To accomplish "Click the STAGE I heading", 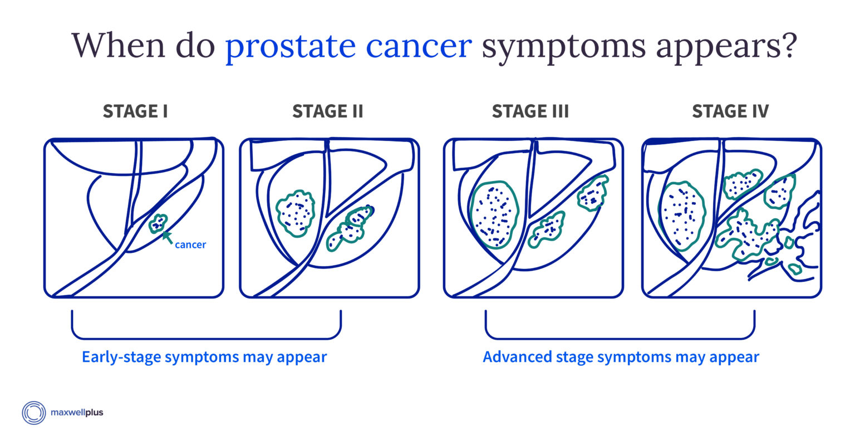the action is (x=135, y=111).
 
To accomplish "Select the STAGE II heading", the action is (x=327, y=111).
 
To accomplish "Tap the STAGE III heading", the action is (x=530, y=111).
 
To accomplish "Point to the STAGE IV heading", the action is (x=730, y=111).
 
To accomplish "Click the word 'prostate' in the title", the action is (x=291, y=47).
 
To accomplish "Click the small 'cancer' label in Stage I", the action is (x=190, y=244).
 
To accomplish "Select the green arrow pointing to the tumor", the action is (x=167, y=237).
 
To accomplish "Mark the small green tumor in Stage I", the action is (x=158, y=223).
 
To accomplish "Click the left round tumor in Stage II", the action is (x=296, y=213).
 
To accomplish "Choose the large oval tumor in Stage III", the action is (x=494, y=214).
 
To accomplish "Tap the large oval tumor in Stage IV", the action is (x=682, y=216).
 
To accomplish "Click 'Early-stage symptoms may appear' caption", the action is (x=205, y=357).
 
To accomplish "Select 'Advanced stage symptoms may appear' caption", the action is (x=621, y=357).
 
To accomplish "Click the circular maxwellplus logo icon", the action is (x=33, y=413).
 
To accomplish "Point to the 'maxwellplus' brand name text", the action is (x=77, y=412).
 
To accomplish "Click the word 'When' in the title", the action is (x=119, y=45).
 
